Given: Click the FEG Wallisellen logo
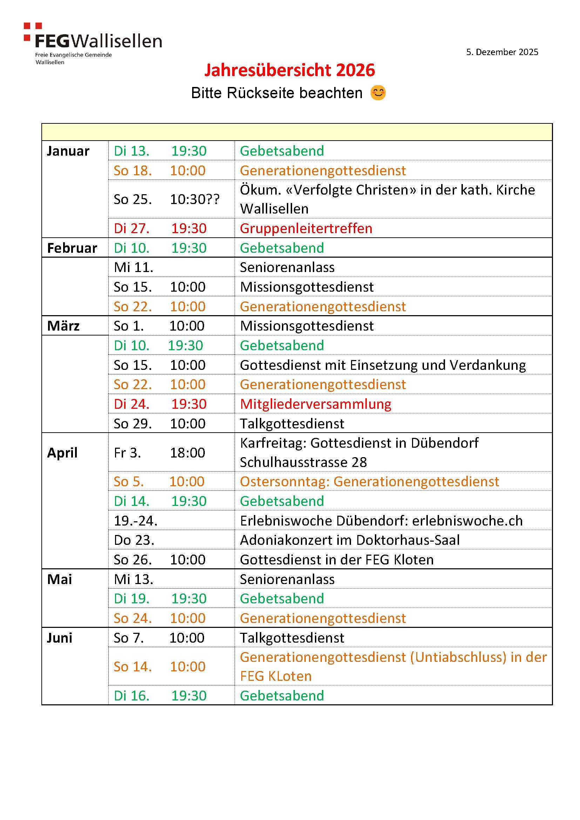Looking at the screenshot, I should click(x=93, y=43).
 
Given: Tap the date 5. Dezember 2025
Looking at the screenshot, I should click(x=502, y=52).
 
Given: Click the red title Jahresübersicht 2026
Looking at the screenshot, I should click(x=290, y=70).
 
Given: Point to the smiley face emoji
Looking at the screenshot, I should click(x=378, y=93).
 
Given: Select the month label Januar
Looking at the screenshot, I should click(x=68, y=151).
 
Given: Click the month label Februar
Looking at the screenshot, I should click(x=72, y=248).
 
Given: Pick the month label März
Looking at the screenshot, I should click(x=63, y=326).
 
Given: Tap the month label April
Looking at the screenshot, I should click(x=62, y=453).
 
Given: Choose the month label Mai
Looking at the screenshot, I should click(x=59, y=579).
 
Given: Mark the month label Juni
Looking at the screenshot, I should click(x=59, y=638).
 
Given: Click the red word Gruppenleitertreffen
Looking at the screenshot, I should click(x=306, y=228).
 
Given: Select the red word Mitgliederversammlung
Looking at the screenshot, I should click(x=315, y=404).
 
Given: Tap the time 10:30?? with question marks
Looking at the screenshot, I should click(x=195, y=199).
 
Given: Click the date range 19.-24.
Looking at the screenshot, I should click(x=136, y=521).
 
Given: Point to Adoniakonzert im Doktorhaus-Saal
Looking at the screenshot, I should click(x=350, y=540).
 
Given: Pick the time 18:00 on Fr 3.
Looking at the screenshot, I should click(x=188, y=453).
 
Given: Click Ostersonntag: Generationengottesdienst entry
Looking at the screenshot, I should click(x=369, y=481).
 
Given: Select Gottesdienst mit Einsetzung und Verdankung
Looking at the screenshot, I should click(x=383, y=365).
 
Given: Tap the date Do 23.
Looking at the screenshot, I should click(x=134, y=540).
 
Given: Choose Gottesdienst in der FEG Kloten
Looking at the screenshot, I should click(x=336, y=560).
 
